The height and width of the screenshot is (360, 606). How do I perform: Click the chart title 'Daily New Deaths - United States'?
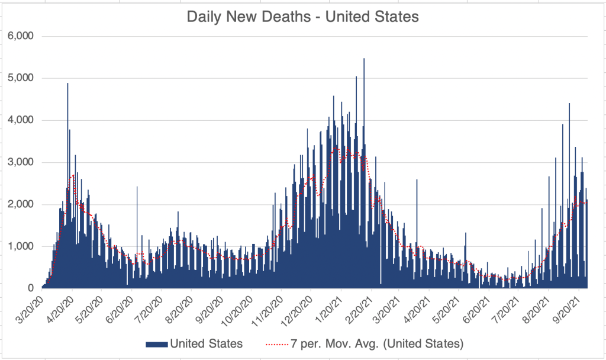coord(302,17)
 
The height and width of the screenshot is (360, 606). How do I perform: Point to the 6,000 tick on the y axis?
coord(21,36)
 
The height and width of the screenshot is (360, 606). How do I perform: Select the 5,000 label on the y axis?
coord(21,78)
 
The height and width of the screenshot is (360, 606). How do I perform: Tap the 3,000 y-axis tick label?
coord(21,162)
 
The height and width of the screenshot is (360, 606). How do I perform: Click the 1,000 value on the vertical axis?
coord(21,246)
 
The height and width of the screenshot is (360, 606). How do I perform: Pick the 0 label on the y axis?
coord(30,288)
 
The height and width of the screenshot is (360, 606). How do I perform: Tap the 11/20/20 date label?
coord(267,308)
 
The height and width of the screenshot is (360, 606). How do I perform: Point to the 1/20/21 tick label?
coord(329,308)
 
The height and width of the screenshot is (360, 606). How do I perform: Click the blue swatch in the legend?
coord(156,343)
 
